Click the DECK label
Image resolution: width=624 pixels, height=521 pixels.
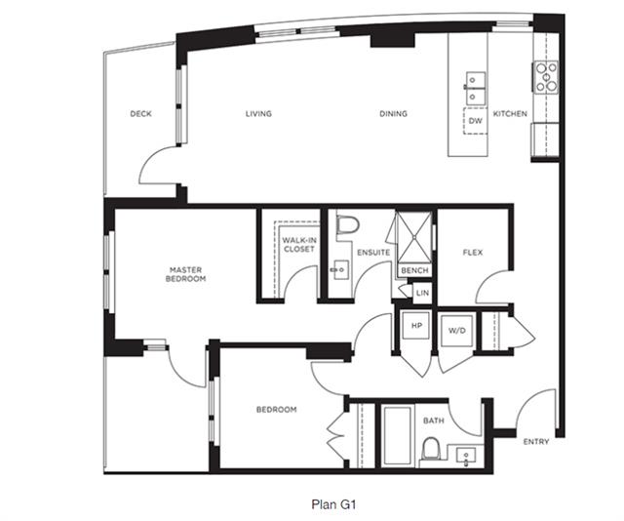(140, 114)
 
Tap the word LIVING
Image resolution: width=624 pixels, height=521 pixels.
(258, 114)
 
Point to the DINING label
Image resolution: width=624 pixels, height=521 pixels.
(393, 114)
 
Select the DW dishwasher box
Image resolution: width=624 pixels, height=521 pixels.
(475, 121)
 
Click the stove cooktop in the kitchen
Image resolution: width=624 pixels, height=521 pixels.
(546, 77)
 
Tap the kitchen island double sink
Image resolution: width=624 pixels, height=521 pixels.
(475, 87)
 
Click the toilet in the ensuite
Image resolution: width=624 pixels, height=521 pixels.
(348, 225)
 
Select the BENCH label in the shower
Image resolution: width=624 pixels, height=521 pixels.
(414, 271)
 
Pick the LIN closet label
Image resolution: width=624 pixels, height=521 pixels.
(422, 293)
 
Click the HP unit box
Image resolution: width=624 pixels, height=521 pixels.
(416, 326)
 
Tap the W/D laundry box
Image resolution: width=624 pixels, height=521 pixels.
(457, 331)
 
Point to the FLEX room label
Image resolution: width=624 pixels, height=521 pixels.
(473, 253)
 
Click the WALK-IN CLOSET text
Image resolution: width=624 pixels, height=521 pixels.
(299, 245)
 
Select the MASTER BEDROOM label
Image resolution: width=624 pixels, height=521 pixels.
(186, 274)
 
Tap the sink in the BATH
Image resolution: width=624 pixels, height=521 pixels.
(466, 456)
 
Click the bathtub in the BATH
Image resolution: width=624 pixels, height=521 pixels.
(397, 435)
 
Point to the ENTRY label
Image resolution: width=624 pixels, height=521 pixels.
(536, 442)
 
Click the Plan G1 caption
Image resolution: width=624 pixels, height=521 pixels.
(333, 504)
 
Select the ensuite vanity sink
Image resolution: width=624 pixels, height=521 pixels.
(340, 270)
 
